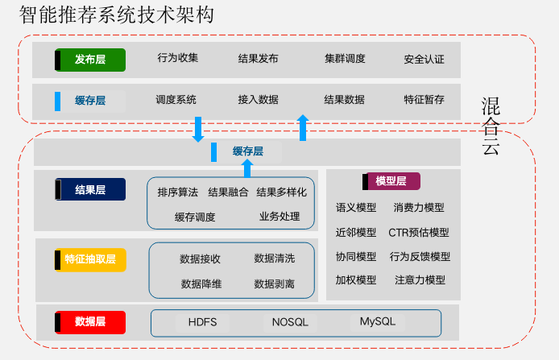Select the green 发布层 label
tap(90, 60)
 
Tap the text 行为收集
tap(178, 58)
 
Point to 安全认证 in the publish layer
tap(424, 60)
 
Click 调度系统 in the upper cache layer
tap(176, 100)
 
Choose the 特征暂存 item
tap(424, 100)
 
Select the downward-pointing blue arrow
tap(198, 128)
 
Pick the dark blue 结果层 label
tap(90, 190)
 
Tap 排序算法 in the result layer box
tap(178, 192)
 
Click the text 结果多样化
tap(281, 192)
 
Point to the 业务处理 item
tap(279, 217)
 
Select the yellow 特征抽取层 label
tap(90, 259)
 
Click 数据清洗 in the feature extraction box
tap(275, 259)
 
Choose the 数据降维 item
tap(201, 283)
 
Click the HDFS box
tap(202, 322)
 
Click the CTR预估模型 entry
tap(419, 233)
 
